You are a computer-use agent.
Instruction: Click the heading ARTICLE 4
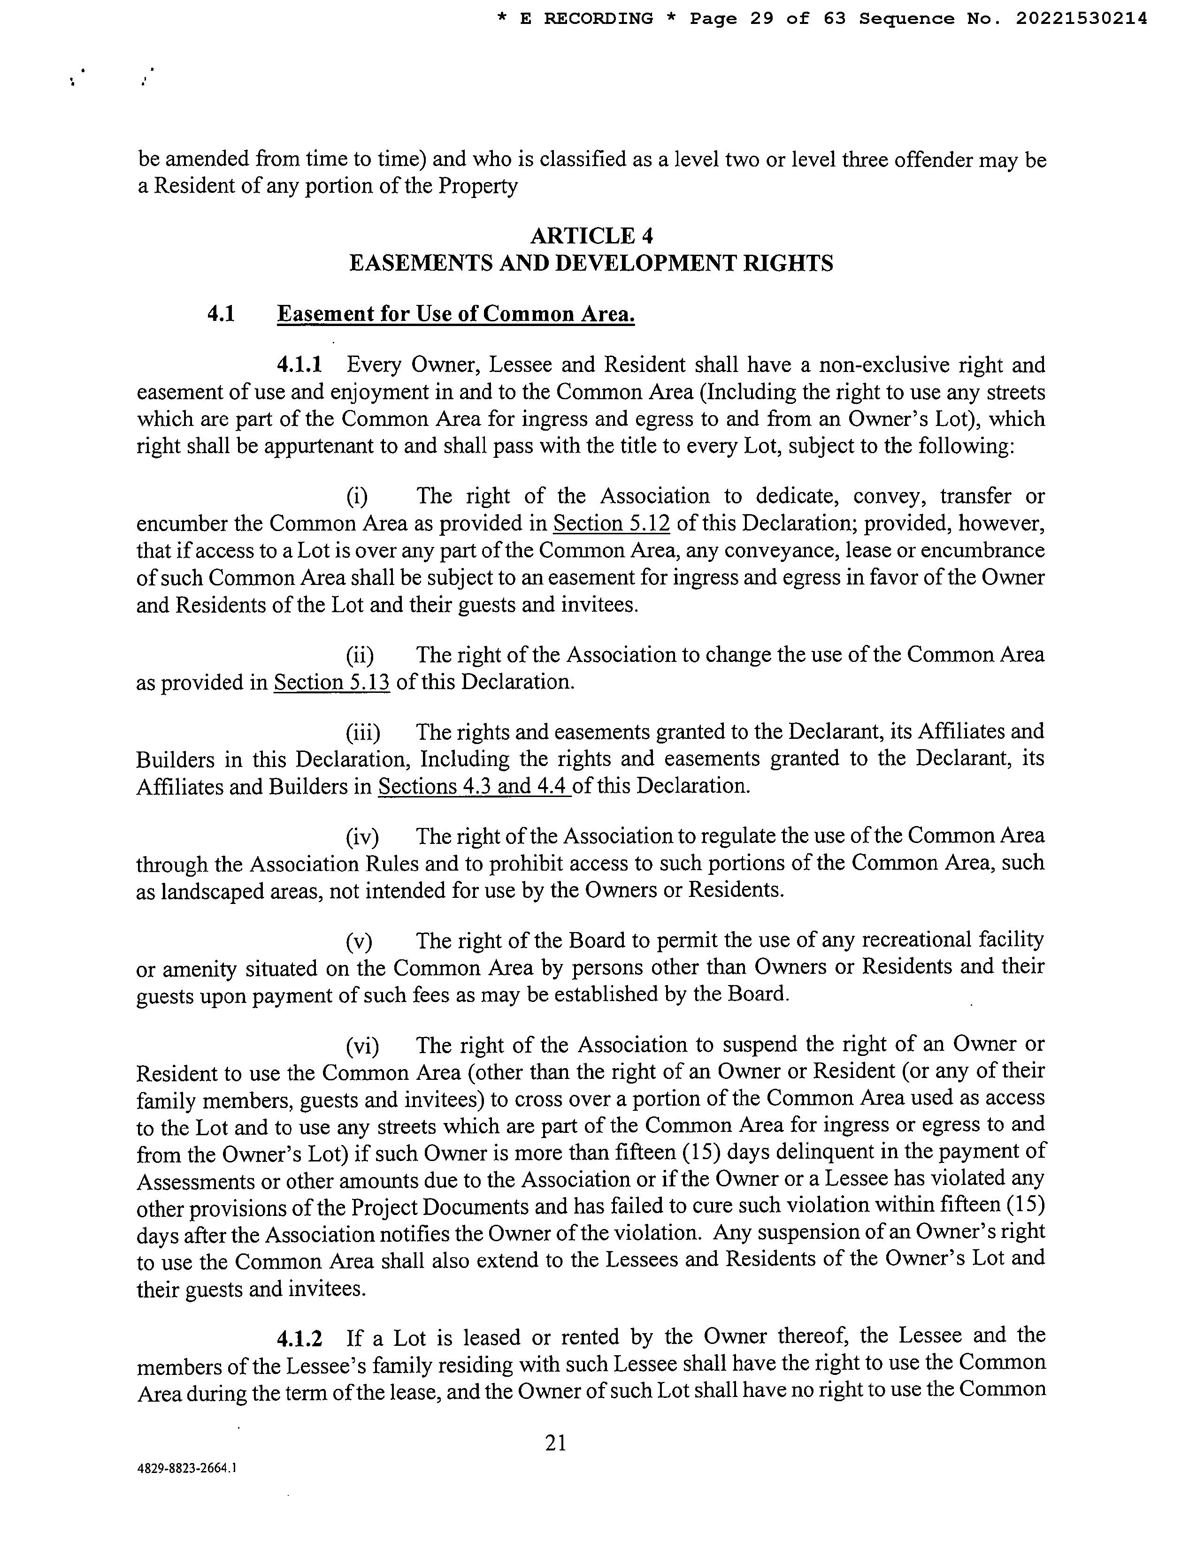click(x=591, y=235)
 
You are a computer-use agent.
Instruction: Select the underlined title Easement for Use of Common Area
click(x=455, y=314)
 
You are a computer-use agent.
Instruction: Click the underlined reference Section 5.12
click(x=611, y=524)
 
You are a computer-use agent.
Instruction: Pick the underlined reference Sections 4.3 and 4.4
click(x=475, y=787)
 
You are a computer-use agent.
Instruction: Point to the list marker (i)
click(x=357, y=497)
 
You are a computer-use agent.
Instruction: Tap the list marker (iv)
click(x=361, y=837)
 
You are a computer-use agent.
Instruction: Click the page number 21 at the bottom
click(x=555, y=1442)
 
